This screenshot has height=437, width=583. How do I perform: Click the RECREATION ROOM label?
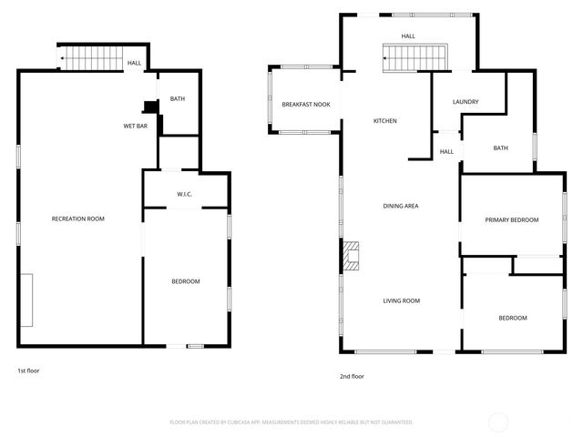pyautogui.click(x=78, y=218)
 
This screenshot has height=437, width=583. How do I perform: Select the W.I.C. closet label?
pyautogui.click(x=185, y=194)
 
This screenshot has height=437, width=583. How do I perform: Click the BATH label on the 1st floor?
pyautogui.click(x=178, y=98)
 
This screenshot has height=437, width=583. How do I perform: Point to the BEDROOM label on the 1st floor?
pyautogui.click(x=186, y=281)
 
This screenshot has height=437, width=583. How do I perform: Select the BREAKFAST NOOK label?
pyautogui.click(x=305, y=106)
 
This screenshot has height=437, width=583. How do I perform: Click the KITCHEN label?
pyautogui.click(x=385, y=121)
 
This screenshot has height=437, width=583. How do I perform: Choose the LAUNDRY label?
pyautogui.click(x=465, y=102)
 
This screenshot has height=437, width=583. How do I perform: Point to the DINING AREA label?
pyautogui.click(x=400, y=207)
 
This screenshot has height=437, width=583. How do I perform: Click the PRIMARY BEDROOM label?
pyautogui.click(x=511, y=219)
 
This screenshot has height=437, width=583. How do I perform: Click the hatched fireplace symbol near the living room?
pyautogui.click(x=351, y=256)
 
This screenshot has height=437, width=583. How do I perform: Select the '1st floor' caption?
pyautogui.click(x=28, y=371)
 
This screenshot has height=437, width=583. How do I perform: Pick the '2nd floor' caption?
pyautogui.click(x=352, y=376)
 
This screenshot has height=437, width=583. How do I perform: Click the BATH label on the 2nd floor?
pyautogui.click(x=500, y=148)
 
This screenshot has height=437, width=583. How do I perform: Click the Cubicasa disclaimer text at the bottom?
pyautogui.click(x=291, y=422)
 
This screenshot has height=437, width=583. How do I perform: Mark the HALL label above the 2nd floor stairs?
pyautogui.click(x=408, y=36)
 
